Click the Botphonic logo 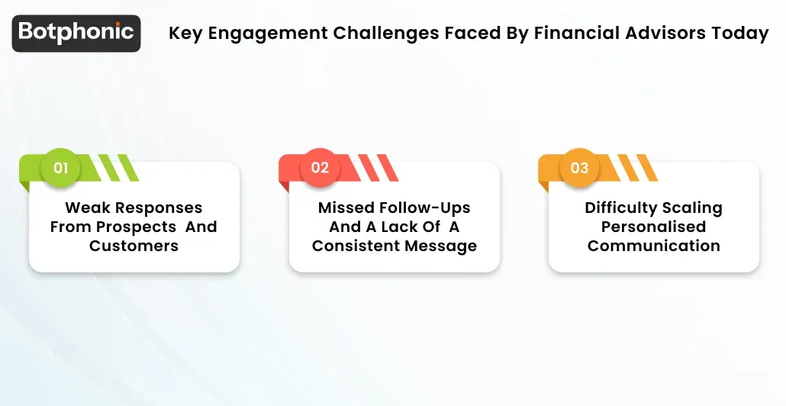tap(76, 33)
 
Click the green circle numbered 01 tap(60, 167)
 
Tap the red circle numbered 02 tap(320, 167)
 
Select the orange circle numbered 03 tap(579, 167)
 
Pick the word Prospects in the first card tap(134, 227)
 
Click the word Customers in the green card tap(134, 246)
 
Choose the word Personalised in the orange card tap(653, 227)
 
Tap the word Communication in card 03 tap(653, 246)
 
